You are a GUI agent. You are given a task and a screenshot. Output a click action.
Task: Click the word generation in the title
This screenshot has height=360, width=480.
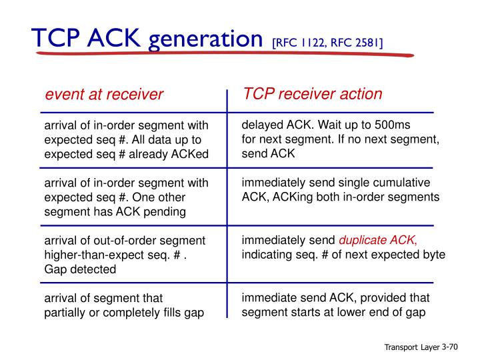pos(205,40)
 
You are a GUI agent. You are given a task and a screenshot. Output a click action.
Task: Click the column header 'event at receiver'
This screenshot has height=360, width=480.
pos(104,95)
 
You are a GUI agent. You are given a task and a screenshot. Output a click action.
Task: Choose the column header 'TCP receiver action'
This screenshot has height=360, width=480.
pos(313,93)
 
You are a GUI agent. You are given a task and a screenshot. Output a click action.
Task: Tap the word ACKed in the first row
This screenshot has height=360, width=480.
pos(190,155)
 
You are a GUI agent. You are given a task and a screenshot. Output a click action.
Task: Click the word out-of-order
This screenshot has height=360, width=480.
pos(129,241)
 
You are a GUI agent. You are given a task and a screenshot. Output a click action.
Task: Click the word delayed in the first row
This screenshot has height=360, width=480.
pos(262,125)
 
